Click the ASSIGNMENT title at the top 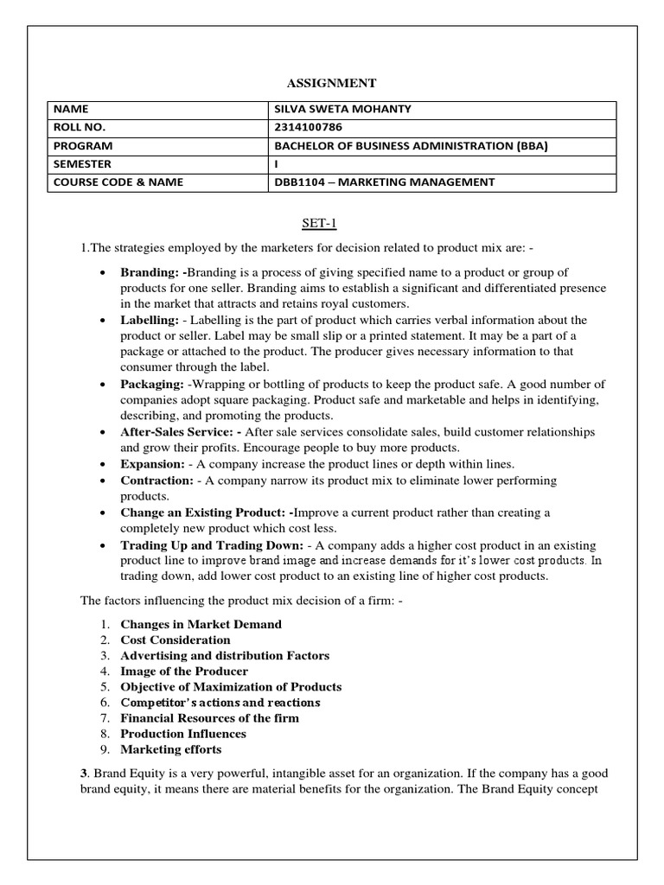[x=331, y=83]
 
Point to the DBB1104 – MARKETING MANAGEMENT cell [x=384, y=182]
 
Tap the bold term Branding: [x=150, y=272]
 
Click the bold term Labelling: [x=150, y=320]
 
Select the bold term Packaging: [x=151, y=383]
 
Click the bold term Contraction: [x=156, y=480]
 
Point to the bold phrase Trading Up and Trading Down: [x=212, y=544]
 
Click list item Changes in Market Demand [x=201, y=624]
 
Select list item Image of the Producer [x=183, y=671]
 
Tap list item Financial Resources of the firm [x=209, y=717]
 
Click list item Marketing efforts [x=170, y=749]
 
